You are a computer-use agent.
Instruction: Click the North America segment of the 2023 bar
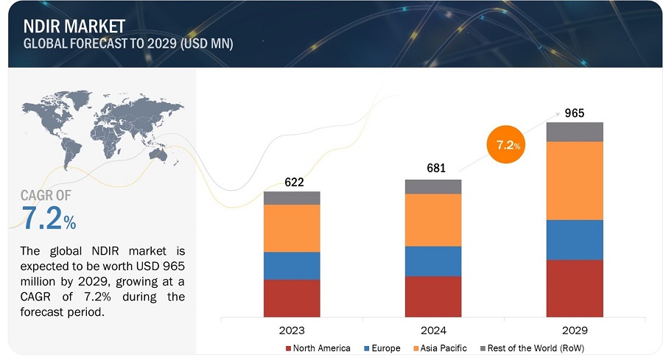[x=292, y=297]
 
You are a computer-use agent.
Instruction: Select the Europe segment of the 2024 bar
[x=433, y=261]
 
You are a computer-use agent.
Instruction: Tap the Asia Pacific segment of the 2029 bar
[x=575, y=180]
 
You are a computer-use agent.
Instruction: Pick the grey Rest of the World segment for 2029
[x=575, y=132]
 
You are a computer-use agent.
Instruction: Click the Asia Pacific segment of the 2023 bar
[x=292, y=228]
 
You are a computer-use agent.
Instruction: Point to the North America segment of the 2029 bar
[x=575, y=288]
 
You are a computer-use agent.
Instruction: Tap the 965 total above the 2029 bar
[x=575, y=113]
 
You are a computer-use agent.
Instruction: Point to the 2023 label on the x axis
[x=292, y=330]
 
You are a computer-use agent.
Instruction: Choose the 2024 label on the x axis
[x=433, y=330]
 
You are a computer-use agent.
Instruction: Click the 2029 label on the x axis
[x=575, y=330]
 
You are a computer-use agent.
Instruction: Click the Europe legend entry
[x=385, y=347]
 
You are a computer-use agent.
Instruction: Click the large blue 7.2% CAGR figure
[x=49, y=219]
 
